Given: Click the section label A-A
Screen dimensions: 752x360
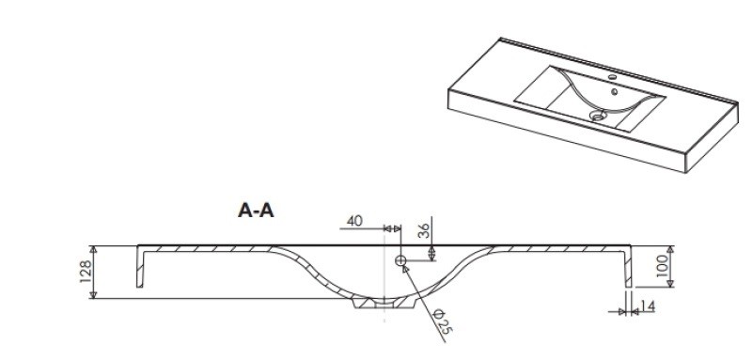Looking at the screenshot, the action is [x=256, y=210].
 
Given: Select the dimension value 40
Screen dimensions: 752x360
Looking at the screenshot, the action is [x=354, y=221].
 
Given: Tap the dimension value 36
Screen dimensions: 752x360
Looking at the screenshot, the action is [x=424, y=230].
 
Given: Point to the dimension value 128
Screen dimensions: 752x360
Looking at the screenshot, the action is [x=86, y=272].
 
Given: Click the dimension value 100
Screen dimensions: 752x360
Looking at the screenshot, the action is [x=662, y=266].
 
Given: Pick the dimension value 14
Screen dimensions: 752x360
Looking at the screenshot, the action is [x=648, y=305].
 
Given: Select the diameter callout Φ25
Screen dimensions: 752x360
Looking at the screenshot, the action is [x=443, y=321].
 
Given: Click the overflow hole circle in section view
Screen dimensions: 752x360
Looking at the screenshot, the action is [x=400, y=260].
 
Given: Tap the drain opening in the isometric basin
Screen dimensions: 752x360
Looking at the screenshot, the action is [x=598, y=115].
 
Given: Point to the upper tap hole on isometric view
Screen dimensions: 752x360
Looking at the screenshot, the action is [x=613, y=77].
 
